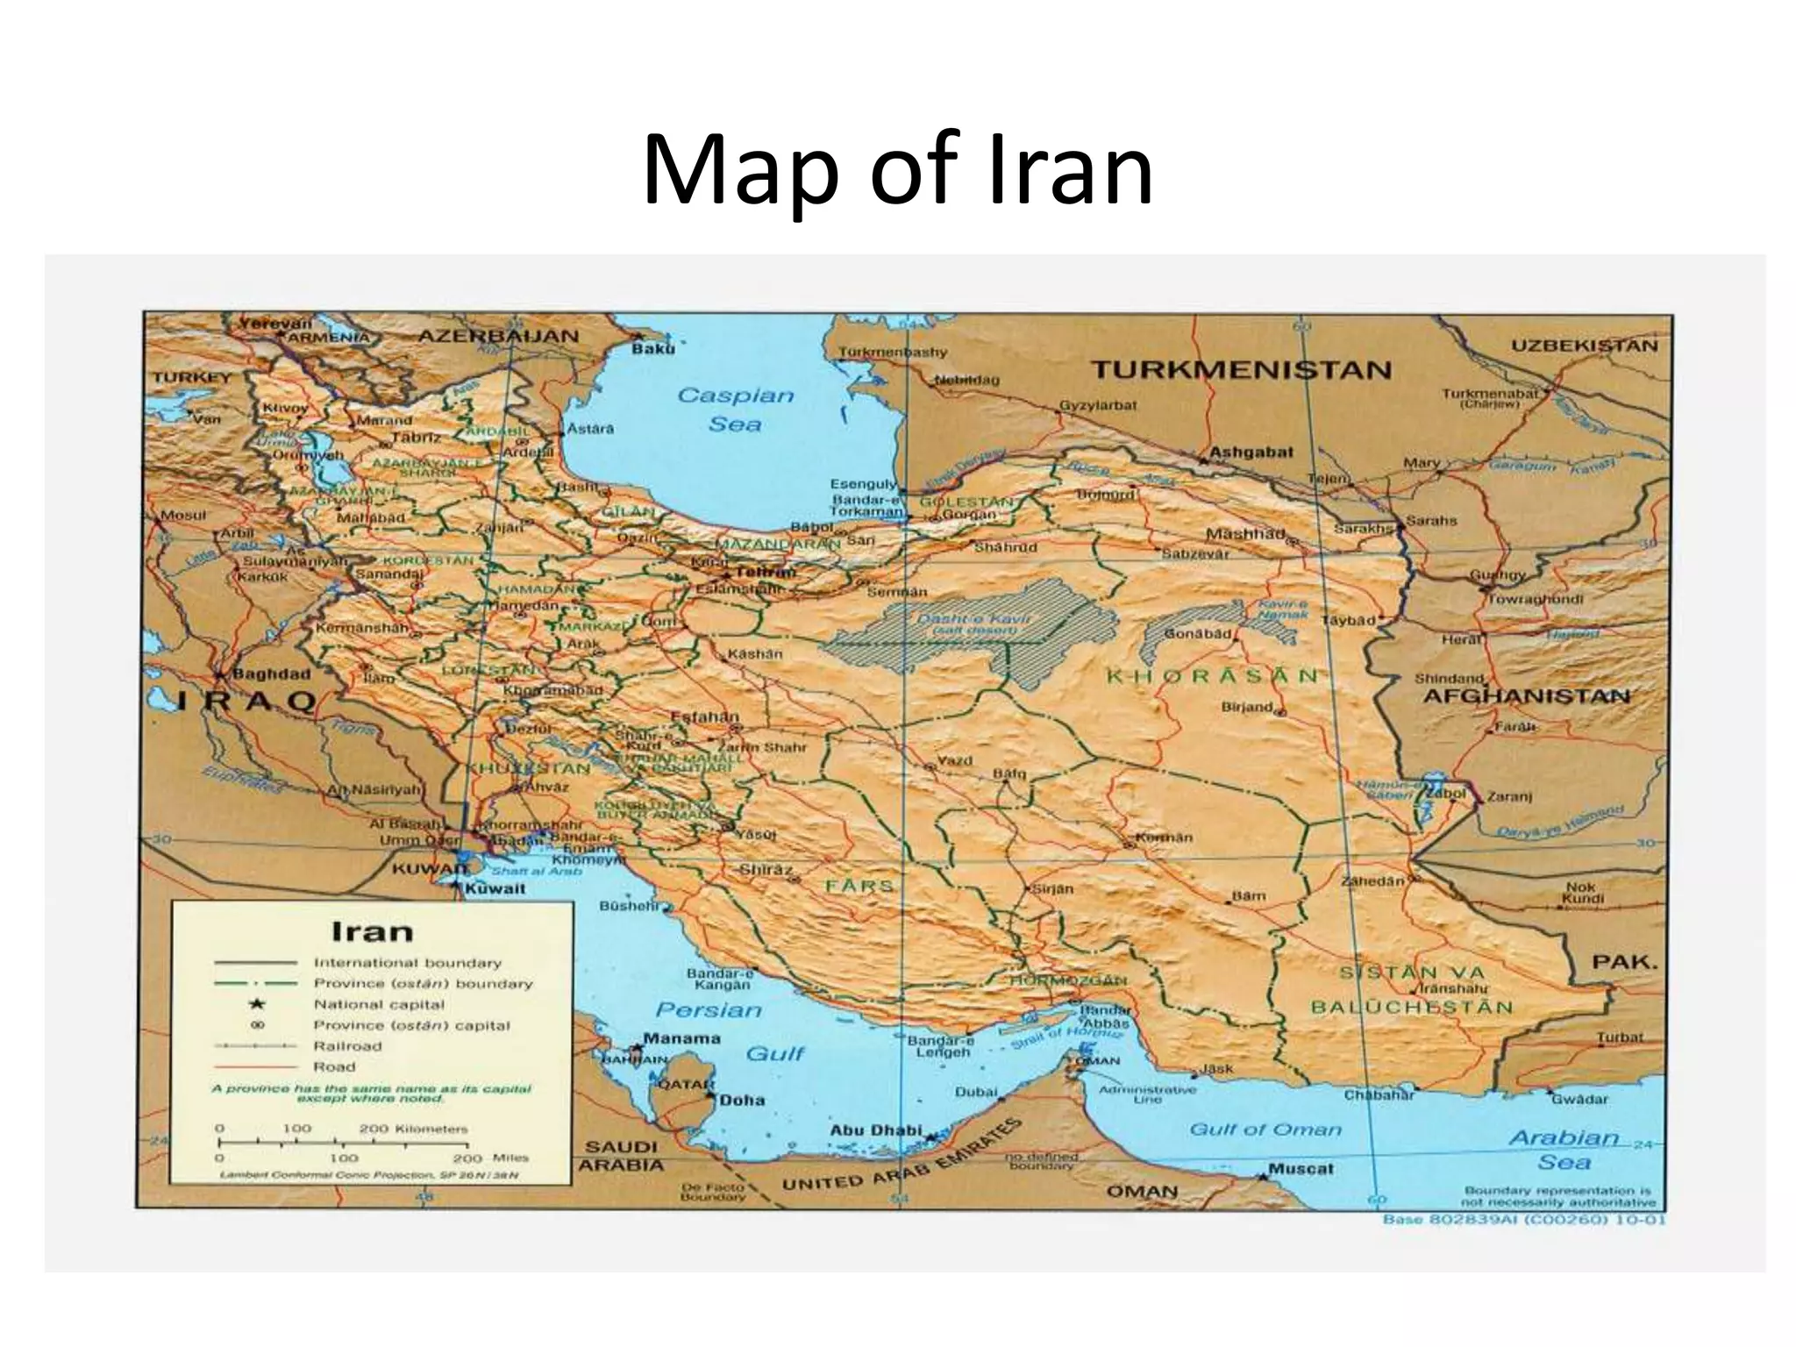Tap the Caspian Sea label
click(x=735, y=410)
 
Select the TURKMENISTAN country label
click(x=1241, y=369)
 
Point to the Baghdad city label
click(x=270, y=674)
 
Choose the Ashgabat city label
click(x=1251, y=453)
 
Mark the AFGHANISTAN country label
click(x=1525, y=696)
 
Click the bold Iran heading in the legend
click(x=372, y=930)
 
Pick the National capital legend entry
click(x=379, y=1004)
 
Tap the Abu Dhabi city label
click(x=876, y=1130)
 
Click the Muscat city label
click(x=1301, y=1169)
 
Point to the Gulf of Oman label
click(x=1265, y=1130)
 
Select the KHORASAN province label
click(x=1211, y=675)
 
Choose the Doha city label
click(x=742, y=1100)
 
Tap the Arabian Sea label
click(x=1563, y=1150)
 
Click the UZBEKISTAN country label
click(x=1584, y=345)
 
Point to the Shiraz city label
click(x=766, y=870)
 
